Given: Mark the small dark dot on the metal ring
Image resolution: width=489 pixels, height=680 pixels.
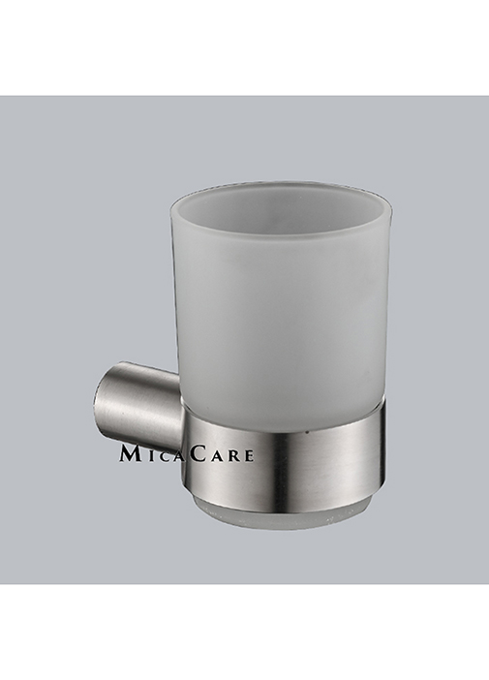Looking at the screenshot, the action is point(307,432).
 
